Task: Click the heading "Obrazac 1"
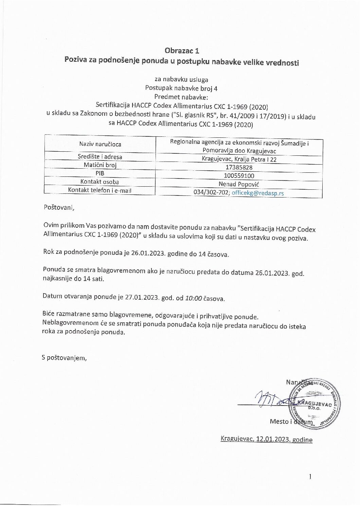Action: point(182,51)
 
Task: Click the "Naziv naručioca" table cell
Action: point(100,144)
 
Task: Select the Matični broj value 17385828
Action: point(239,167)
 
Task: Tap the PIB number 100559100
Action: point(239,176)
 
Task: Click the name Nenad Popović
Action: point(239,184)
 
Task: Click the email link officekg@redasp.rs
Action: point(258,193)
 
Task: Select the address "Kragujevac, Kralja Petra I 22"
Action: point(239,159)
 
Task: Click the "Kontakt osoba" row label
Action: point(100,182)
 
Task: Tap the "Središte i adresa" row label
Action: point(100,156)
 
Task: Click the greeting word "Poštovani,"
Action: point(59,207)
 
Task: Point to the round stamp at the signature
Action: point(314,403)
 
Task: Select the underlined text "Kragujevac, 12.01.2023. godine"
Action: point(266,439)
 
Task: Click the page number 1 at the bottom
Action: point(310,476)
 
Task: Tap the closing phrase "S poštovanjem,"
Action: point(64,357)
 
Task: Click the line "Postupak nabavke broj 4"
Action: point(181,88)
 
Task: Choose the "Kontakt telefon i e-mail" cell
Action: point(100,190)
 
